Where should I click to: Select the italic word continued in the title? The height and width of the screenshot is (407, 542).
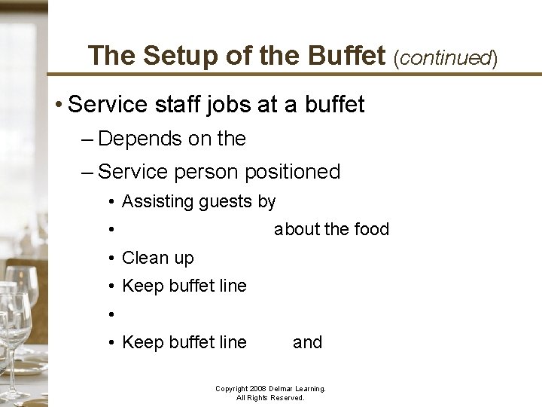pyautogui.click(x=445, y=57)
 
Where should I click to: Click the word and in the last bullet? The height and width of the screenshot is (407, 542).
pyautogui.click(x=307, y=342)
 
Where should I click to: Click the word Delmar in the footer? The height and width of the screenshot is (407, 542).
pyautogui.click(x=270, y=389)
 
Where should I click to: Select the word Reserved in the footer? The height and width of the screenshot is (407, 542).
pyautogui.click(x=287, y=397)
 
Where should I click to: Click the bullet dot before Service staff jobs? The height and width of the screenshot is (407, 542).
pyautogui.click(x=58, y=105)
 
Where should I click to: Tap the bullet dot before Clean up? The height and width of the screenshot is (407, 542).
pyautogui.click(x=111, y=259)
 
